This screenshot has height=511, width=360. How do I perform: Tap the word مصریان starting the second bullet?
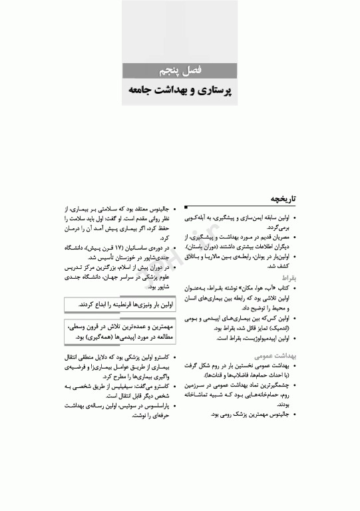[283, 236]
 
